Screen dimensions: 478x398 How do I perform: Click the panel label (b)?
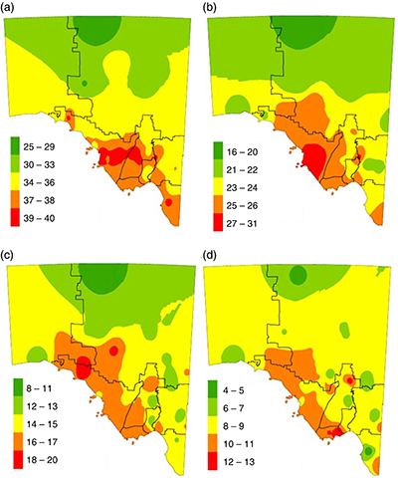coord(210,8)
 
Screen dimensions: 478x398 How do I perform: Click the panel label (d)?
coord(210,248)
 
